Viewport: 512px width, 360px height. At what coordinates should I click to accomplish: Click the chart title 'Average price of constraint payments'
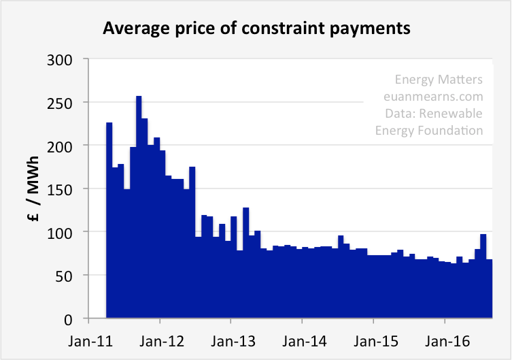256,29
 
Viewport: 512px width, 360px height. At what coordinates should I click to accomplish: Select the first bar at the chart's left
109,218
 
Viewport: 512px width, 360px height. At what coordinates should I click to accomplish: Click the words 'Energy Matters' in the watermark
439,80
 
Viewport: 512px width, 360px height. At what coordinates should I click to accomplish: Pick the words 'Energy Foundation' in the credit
429,129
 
